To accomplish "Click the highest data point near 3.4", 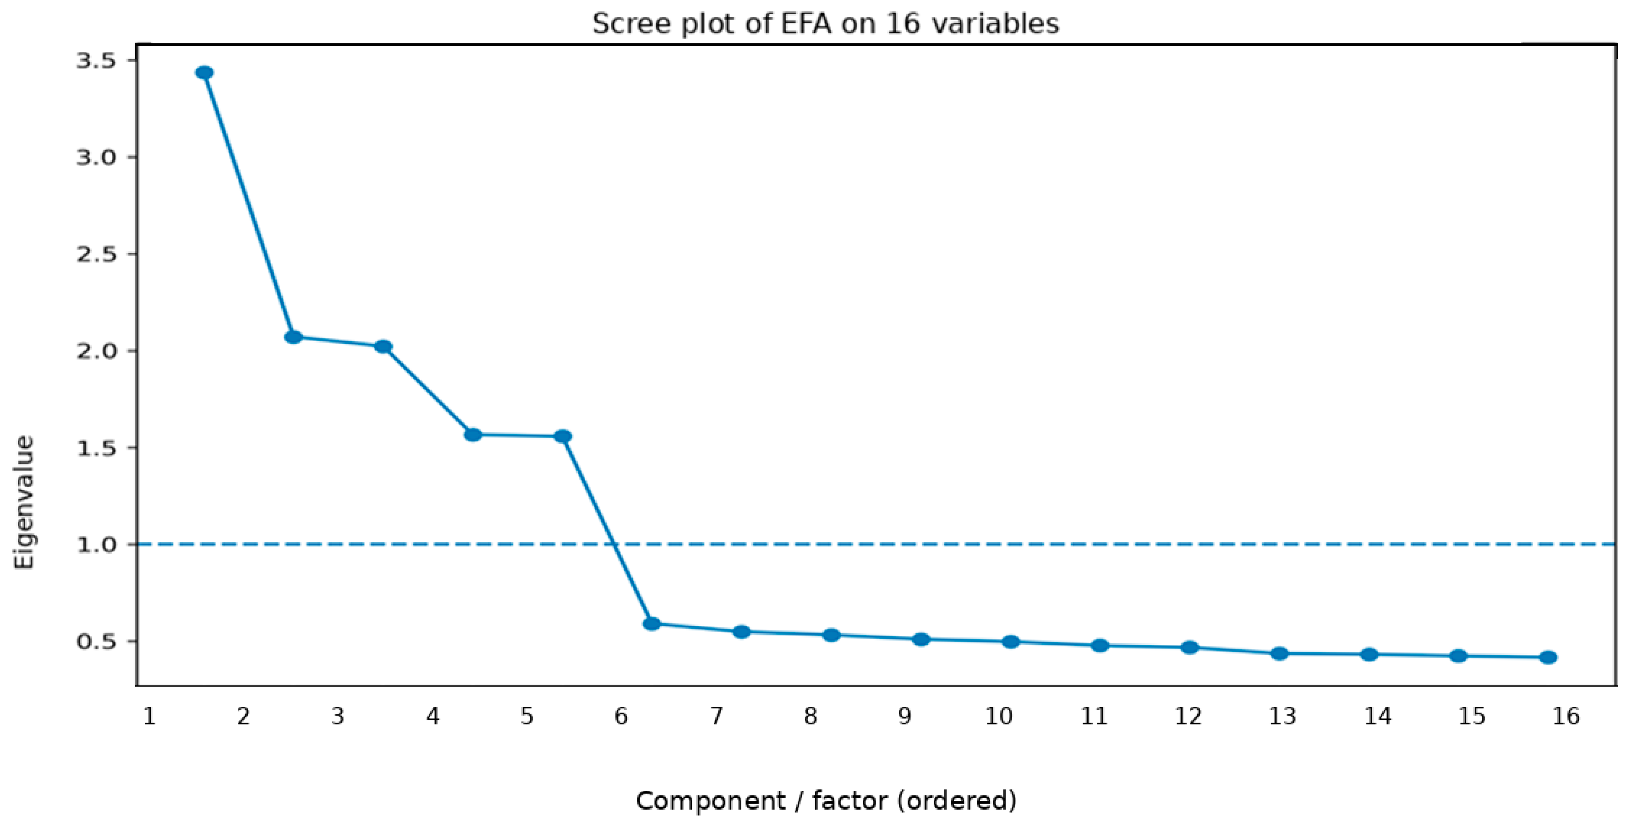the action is pyautogui.click(x=204, y=73).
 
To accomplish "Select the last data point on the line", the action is pyautogui.click(x=1548, y=657).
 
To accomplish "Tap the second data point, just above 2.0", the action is pyautogui.click(x=293, y=337).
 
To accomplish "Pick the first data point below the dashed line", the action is pyautogui.click(x=652, y=624).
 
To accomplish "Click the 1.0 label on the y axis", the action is pyautogui.click(x=96, y=544).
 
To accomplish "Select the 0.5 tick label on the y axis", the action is pyautogui.click(x=96, y=642).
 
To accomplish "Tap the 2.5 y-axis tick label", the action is pyautogui.click(x=96, y=254).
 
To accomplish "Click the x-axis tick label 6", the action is pyautogui.click(x=621, y=716).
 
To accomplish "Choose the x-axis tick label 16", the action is pyautogui.click(x=1566, y=716).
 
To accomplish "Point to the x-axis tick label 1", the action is pyautogui.click(x=149, y=716).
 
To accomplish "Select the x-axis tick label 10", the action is pyautogui.click(x=999, y=716).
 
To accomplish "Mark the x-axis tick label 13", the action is pyautogui.click(x=1282, y=716).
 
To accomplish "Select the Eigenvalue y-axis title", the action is pyautogui.click(x=24, y=502).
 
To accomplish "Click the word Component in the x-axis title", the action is pyautogui.click(x=710, y=801).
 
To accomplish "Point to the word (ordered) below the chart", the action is pyautogui.click(x=957, y=801).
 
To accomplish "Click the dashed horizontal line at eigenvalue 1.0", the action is pyautogui.click(x=876, y=544).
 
